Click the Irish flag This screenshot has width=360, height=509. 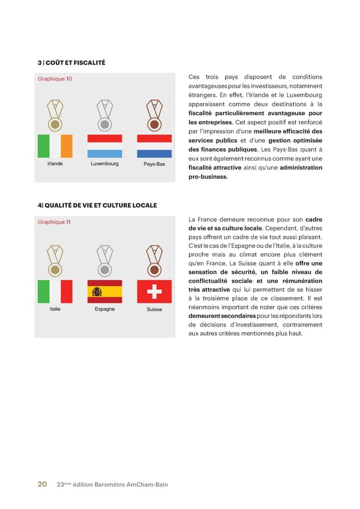(x=55, y=146)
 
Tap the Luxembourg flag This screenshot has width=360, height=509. (x=105, y=146)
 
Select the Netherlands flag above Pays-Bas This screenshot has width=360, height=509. (x=155, y=146)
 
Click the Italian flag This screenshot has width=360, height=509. (x=55, y=292)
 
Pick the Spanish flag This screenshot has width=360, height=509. (x=105, y=292)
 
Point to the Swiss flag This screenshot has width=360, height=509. (x=155, y=292)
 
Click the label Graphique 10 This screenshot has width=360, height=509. (x=55, y=79)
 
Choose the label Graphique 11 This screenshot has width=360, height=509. (x=54, y=222)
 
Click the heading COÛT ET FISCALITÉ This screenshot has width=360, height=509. (x=74, y=62)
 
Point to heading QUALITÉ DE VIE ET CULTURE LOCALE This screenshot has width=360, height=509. (x=100, y=205)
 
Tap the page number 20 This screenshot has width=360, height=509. (x=43, y=484)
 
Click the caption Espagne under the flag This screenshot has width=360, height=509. (x=105, y=309)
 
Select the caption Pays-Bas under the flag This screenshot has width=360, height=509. (x=154, y=164)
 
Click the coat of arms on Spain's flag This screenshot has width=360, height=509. (x=97, y=292)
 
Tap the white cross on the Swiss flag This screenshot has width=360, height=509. (x=155, y=292)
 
